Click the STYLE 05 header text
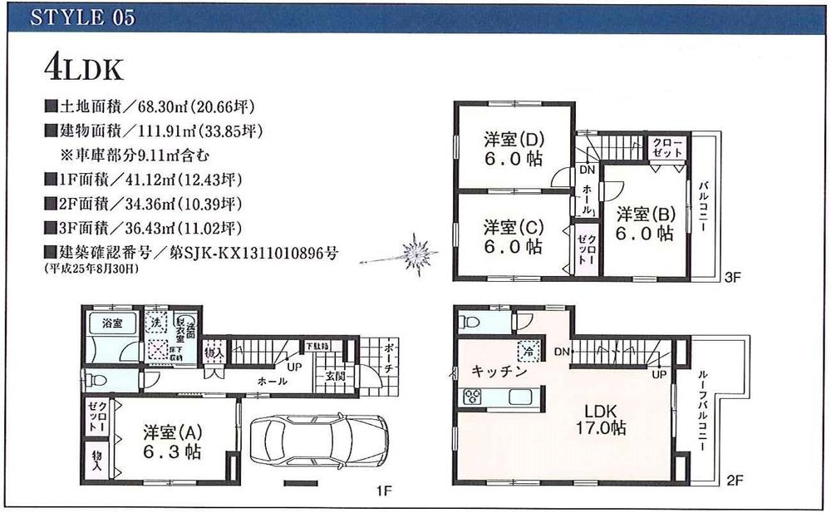coord(81,19)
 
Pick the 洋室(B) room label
coord(645,223)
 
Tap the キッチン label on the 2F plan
coord(499,372)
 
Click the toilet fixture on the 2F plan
coord(470,322)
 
